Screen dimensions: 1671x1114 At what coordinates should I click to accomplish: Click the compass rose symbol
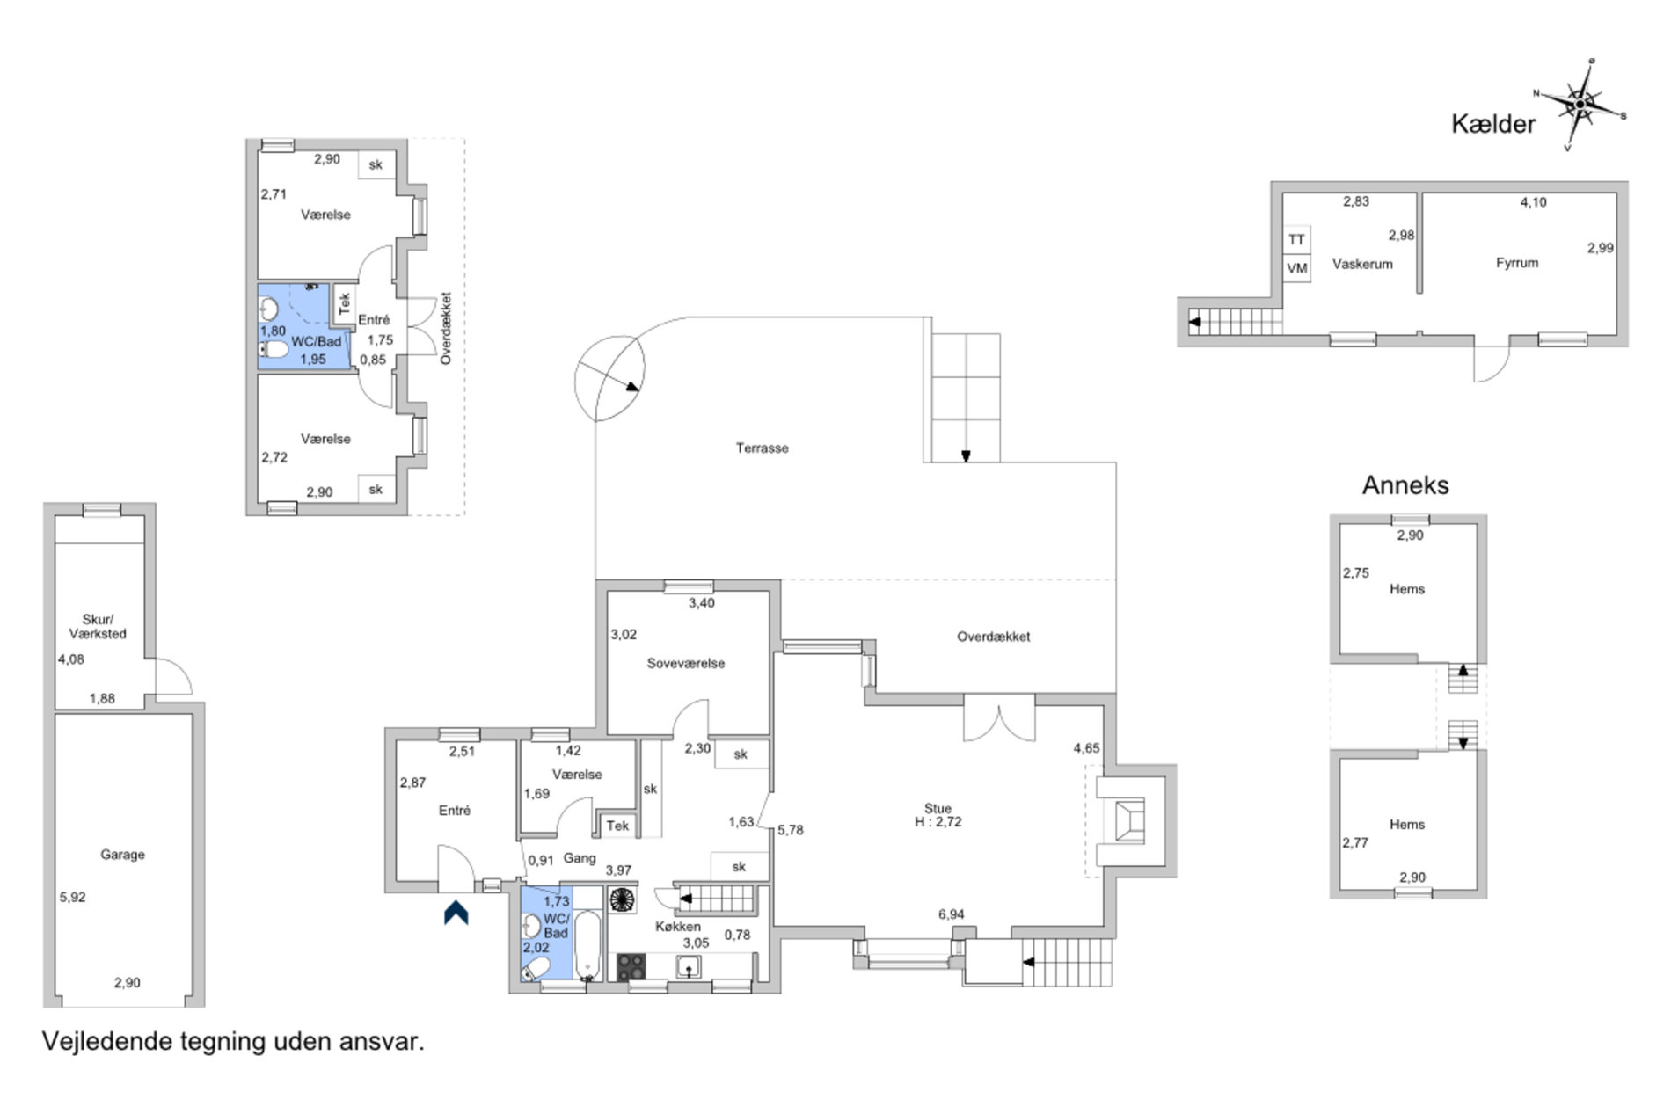[1580, 105]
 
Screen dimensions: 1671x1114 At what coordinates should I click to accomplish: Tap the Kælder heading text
[1493, 124]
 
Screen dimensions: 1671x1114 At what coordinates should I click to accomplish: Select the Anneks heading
[1405, 484]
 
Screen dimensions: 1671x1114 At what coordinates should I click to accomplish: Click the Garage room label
[122, 854]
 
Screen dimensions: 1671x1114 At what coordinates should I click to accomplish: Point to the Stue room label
[938, 808]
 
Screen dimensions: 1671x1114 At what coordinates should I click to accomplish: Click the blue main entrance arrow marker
[456, 913]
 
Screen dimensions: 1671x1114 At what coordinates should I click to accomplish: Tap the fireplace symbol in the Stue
[1128, 821]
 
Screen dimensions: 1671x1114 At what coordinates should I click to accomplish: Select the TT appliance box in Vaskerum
[1296, 239]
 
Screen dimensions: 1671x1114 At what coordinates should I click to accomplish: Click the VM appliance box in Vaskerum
[1296, 268]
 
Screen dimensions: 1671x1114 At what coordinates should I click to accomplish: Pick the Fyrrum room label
[1517, 262]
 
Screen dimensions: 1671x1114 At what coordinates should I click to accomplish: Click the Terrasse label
[762, 448]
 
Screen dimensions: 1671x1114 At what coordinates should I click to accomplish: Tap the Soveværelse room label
[686, 663]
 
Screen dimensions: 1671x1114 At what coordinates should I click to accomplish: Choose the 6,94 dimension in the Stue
[951, 914]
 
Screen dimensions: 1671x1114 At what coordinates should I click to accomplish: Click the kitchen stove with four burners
[631, 967]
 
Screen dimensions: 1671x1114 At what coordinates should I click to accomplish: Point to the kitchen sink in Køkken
[689, 967]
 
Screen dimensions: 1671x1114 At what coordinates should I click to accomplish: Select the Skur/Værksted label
[98, 626]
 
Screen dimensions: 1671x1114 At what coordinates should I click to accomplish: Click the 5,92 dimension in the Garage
[73, 897]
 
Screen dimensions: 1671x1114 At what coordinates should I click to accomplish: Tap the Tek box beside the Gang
[617, 825]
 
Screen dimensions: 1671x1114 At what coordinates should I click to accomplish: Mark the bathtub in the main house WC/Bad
[587, 945]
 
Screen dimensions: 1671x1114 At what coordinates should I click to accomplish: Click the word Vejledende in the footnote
[107, 1042]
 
